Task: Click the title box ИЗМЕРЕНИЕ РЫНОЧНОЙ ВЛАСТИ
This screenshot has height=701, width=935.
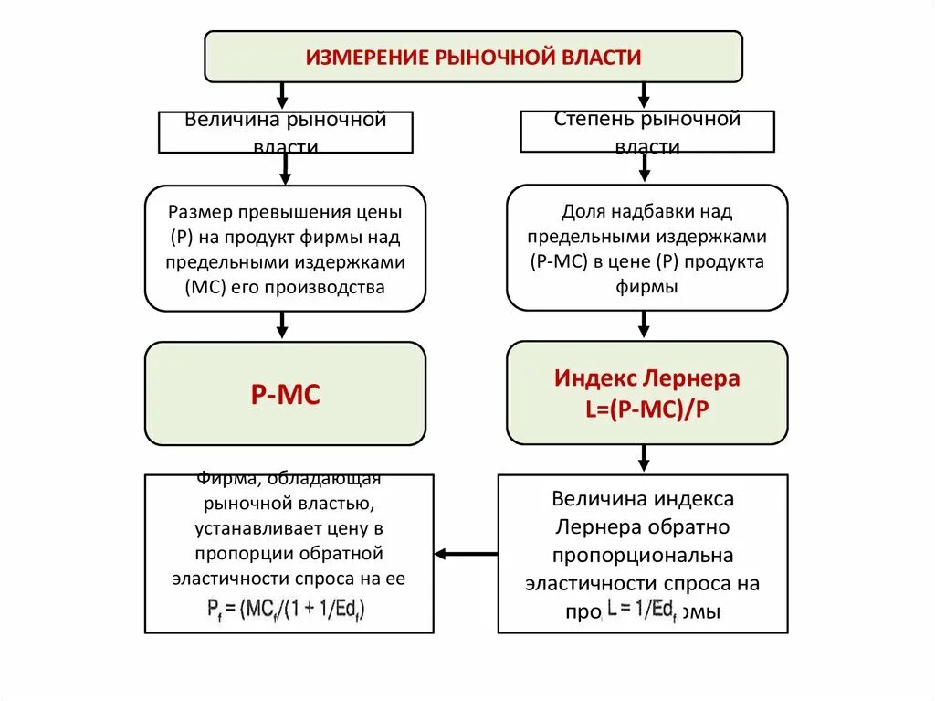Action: pos(473,57)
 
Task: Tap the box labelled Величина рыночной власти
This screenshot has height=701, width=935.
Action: pos(286,132)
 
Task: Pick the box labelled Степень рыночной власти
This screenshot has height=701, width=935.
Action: pos(647,132)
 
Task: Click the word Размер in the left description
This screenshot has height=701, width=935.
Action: pos(201,212)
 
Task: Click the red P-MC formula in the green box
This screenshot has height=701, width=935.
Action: pos(285,395)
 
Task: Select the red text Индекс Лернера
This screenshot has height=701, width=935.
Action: pos(647,378)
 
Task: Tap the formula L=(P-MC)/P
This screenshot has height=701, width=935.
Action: pos(647,409)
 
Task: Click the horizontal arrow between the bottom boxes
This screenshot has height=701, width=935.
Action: pos(466,554)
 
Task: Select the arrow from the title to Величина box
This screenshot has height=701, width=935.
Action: pos(282,94)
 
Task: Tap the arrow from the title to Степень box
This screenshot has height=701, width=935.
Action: pos(644,94)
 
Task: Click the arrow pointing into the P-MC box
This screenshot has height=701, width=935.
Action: pos(282,324)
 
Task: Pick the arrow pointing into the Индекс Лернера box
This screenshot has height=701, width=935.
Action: pos(644,324)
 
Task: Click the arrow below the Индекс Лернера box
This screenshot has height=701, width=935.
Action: pos(644,458)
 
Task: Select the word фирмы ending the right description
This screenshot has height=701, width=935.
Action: pos(647,287)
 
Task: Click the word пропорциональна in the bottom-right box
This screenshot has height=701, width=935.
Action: pos(642,556)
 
